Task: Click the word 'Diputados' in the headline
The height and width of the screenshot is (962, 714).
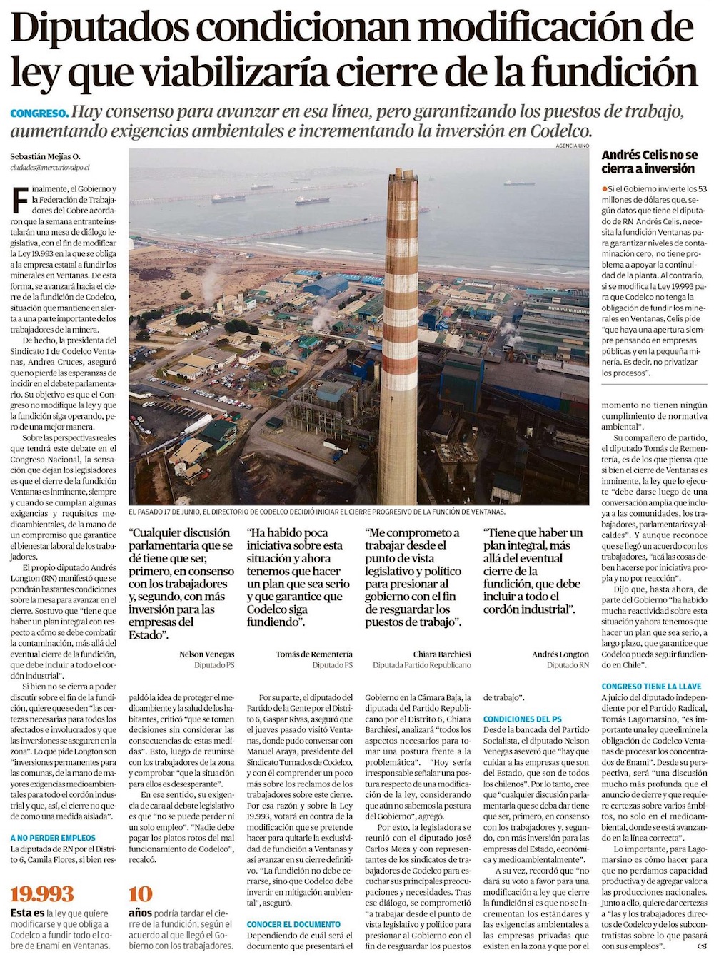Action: click(x=99, y=29)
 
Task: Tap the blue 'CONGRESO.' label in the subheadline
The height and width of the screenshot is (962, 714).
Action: click(x=40, y=113)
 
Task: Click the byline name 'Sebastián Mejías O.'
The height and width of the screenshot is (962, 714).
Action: click(x=45, y=156)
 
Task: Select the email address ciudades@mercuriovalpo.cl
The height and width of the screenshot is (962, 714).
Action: click(x=49, y=167)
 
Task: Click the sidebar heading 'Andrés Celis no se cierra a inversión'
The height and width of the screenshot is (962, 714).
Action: click(x=649, y=162)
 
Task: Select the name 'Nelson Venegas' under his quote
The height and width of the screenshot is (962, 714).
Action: click(x=206, y=654)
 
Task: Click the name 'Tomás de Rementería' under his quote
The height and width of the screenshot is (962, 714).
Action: click(x=314, y=654)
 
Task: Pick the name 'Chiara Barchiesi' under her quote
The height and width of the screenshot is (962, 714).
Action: click(x=442, y=654)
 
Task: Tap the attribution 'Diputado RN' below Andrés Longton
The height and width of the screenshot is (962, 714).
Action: click(x=568, y=665)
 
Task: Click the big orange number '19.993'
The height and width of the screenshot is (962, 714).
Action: click(x=42, y=894)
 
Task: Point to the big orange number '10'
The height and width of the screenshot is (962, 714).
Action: click(x=141, y=894)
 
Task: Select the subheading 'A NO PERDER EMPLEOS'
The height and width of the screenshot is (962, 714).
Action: click(x=53, y=838)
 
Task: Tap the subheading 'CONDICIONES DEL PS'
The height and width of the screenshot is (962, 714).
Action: click(x=522, y=719)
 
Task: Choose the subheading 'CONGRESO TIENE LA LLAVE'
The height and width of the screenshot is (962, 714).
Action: click(x=651, y=687)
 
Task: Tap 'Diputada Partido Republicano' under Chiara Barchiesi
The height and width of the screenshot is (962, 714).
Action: click(x=422, y=665)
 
